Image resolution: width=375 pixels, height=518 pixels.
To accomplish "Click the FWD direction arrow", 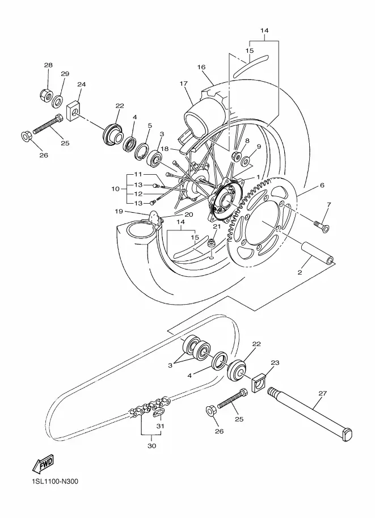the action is (x=43, y=465).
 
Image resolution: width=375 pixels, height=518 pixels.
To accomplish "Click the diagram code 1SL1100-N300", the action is (x=51, y=481).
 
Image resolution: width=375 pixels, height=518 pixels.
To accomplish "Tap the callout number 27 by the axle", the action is (x=322, y=393).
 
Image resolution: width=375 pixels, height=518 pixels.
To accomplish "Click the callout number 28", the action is (x=48, y=65).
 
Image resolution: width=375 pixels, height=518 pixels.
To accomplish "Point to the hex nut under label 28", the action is (x=46, y=95).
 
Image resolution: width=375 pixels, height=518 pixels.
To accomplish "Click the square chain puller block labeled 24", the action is (x=75, y=110).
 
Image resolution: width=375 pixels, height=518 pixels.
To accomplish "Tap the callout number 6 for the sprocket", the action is (x=322, y=186).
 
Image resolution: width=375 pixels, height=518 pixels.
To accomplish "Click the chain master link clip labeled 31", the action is (x=160, y=412).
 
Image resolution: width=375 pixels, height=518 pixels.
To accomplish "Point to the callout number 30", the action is (x=151, y=446).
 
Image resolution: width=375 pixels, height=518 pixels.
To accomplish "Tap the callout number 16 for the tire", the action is (x=201, y=67).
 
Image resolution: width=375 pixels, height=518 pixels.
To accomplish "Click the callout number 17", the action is (x=184, y=83).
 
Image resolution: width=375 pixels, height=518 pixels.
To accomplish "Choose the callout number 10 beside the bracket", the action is (x=115, y=189).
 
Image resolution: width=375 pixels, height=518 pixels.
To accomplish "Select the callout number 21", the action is (x=216, y=226).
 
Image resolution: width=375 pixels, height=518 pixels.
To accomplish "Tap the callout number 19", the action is (x=119, y=211).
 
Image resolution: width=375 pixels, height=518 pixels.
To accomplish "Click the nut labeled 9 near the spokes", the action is (x=246, y=161).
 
